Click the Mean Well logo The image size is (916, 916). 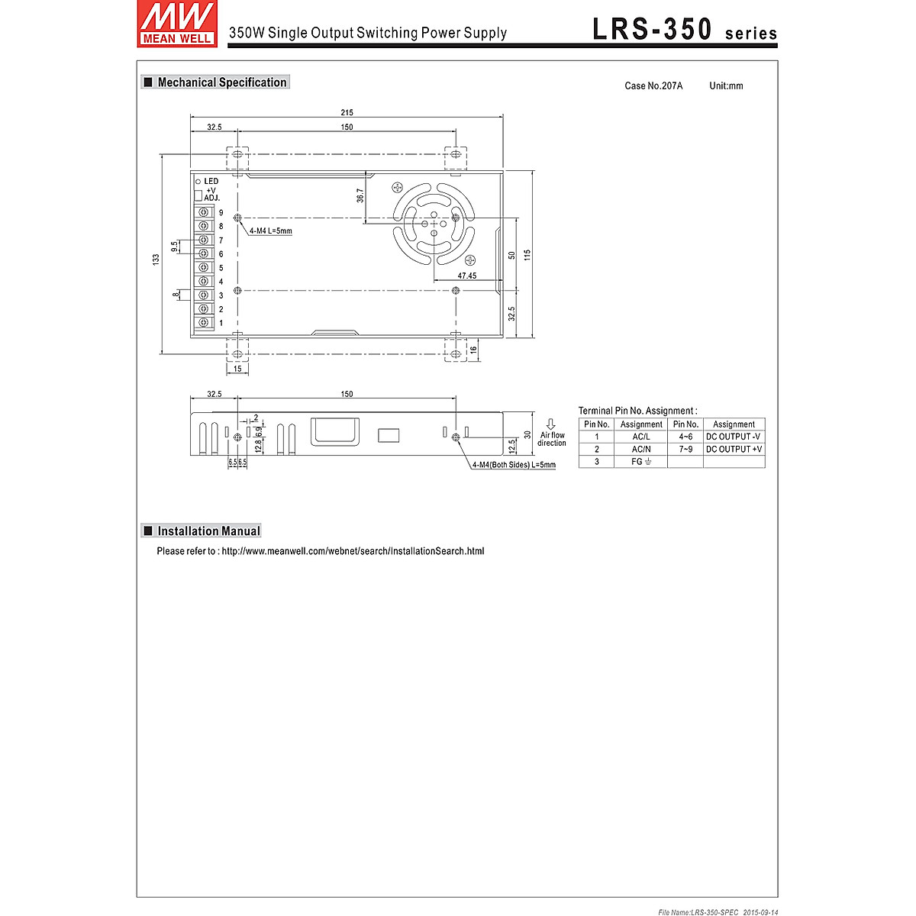pos(177,24)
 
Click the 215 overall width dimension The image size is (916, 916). pos(347,113)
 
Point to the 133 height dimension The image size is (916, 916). pos(156,260)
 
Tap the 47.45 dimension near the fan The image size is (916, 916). pos(467,276)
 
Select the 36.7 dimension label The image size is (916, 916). pos(360,196)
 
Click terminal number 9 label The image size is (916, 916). pos(221,213)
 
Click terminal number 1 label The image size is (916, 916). pos(221,323)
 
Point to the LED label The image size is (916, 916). pos(211,181)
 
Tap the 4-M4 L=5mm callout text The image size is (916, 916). pos(271,231)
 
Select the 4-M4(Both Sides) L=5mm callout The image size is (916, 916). pos(514,465)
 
